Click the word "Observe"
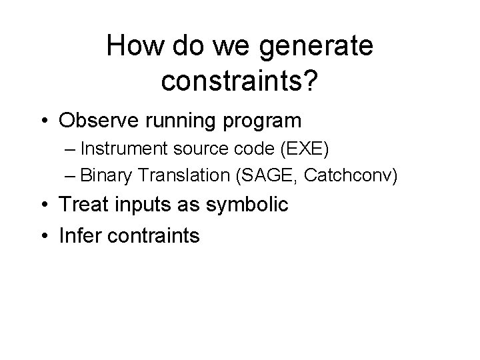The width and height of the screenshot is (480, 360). coord(97,121)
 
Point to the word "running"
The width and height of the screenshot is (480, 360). coord(176,121)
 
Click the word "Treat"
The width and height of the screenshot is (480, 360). coord(81,205)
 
